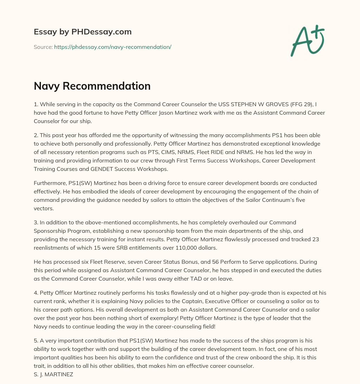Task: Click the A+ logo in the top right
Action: [307, 40]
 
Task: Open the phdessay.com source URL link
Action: [112, 47]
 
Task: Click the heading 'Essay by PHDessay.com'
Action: [83, 32]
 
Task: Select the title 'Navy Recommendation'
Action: [92, 86]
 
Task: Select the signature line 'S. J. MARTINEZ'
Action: [53, 374]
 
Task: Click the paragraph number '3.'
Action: [36, 222]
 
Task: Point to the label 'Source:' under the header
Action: [43, 47]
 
